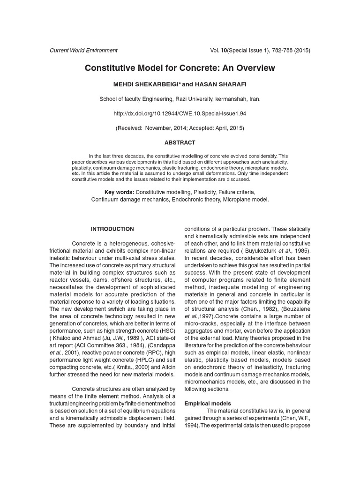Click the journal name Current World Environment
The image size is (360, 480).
coord(83,50)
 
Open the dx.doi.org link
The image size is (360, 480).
coord(180,114)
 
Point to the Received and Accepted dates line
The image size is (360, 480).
coord(180,128)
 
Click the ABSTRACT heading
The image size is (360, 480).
coord(180,142)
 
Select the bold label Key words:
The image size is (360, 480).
coord(119,192)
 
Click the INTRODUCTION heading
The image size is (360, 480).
coord(112,229)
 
